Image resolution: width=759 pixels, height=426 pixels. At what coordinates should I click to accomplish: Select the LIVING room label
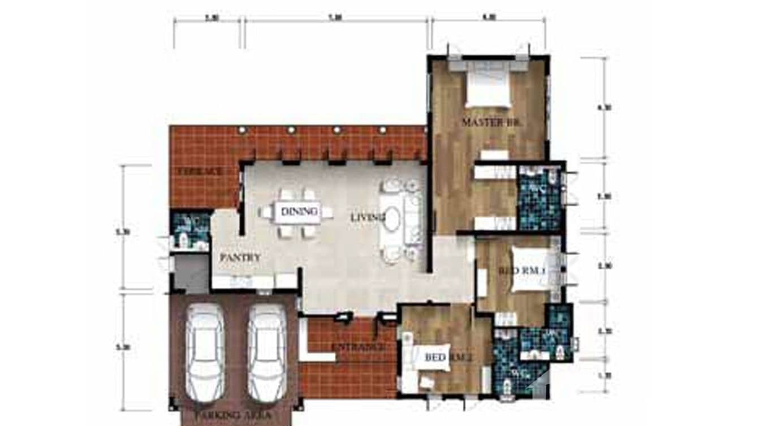[368, 217]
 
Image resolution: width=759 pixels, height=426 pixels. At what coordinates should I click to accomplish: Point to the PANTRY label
[240, 258]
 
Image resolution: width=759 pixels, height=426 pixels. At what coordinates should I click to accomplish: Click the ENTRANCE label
[359, 347]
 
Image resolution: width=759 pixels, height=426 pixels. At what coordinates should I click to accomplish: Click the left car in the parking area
[205, 351]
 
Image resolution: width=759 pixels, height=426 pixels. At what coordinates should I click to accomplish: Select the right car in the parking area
[267, 351]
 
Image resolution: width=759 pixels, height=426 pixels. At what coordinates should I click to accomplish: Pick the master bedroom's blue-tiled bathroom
[539, 198]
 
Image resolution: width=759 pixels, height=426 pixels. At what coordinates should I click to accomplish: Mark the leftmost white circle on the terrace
[242, 130]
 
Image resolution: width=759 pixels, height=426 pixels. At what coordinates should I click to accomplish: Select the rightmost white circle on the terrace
[382, 130]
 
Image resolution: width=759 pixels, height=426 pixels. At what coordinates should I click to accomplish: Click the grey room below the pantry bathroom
[191, 273]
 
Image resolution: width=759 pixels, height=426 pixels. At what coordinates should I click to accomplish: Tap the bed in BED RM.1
[533, 270]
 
